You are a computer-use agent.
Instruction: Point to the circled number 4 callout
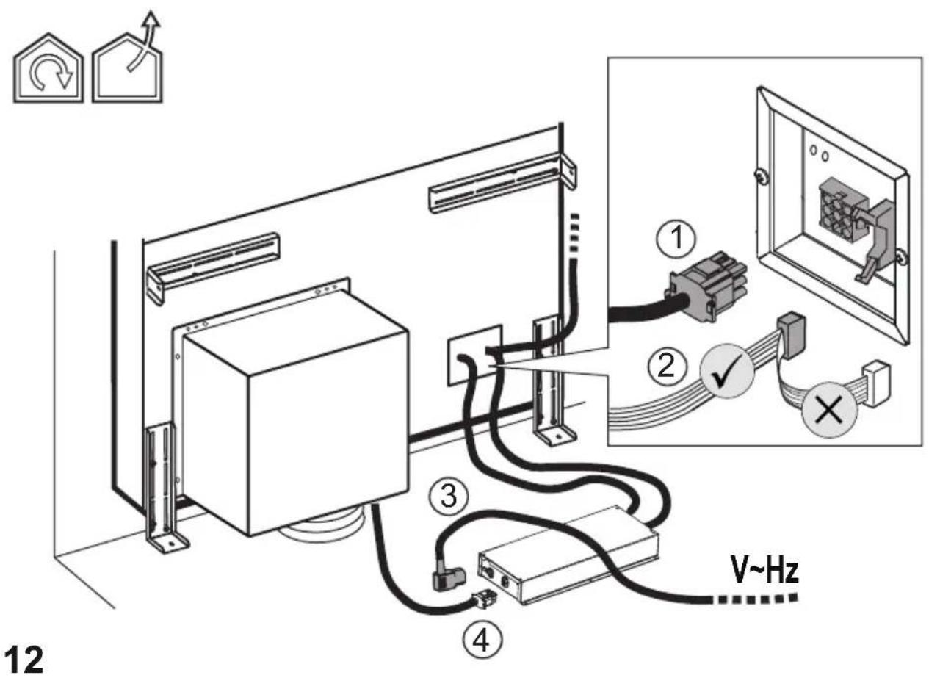[482, 641]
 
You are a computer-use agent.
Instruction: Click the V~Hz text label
[764, 571]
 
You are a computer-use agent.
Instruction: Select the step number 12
[25, 660]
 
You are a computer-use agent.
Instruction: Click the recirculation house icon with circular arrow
[48, 68]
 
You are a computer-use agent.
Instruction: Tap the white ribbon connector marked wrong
[876, 384]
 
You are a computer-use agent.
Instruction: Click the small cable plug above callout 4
[485, 599]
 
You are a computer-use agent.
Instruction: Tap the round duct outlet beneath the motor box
[323, 524]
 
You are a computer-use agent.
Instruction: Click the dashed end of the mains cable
[755, 599]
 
